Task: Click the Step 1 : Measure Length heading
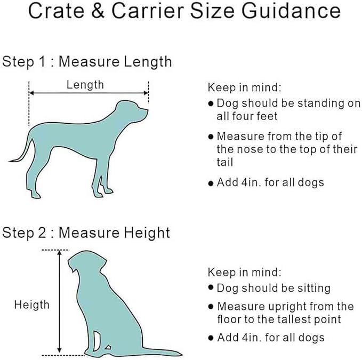[x=87, y=61]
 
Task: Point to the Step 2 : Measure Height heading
[x=86, y=233]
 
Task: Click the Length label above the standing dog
[x=85, y=84]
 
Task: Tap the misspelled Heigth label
[x=31, y=305]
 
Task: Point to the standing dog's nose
[x=147, y=111]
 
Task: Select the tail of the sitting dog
[x=160, y=350]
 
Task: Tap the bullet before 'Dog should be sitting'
[x=211, y=289]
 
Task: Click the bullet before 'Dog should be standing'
[x=211, y=103]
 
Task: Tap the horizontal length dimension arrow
[x=89, y=93]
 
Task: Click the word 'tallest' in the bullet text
[x=304, y=319]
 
